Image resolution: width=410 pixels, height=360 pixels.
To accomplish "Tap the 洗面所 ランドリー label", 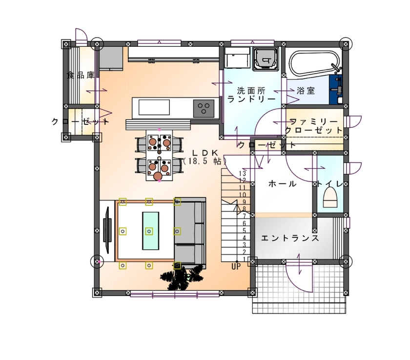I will (x=251, y=95).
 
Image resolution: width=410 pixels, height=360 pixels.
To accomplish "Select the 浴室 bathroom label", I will (x=306, y=91).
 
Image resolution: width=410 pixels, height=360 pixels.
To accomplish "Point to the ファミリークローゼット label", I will (x=314, y=126).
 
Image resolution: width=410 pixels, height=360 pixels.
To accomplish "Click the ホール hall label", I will (x=283, y=184).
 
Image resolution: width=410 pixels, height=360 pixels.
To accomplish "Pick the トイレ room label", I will (x=331, y=184).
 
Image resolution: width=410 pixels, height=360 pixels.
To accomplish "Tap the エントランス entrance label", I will (x=290, y=238).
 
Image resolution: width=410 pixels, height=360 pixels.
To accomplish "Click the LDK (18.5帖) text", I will (x=203, y=156).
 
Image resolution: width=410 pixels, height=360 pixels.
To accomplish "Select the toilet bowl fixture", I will (x=330, y=199).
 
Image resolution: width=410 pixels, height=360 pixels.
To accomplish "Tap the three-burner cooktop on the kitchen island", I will (x=204, y=107).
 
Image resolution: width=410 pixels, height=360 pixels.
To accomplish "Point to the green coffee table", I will (x=150, y=231).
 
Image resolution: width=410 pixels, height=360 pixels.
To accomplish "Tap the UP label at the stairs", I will (x=236, y=266).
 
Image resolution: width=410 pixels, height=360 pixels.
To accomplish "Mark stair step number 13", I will (x=243, y=173).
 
